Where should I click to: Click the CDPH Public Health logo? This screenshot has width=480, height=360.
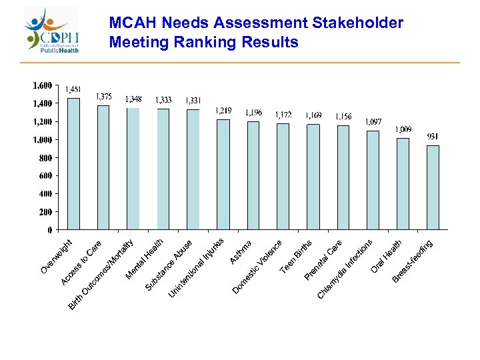(x=52, y=30)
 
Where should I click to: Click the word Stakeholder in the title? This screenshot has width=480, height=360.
(x=356, y=23)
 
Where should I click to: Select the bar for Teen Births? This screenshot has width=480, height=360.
(x=313, y=177)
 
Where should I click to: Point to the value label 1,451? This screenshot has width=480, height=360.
(x=73, y=90)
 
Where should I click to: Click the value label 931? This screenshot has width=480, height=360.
(x=433, y=137)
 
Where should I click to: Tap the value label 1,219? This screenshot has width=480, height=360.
(x=223, y=111)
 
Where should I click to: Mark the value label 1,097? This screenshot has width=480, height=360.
(x=373, y=122)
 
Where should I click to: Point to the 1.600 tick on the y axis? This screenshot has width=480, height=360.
(x=42, y=85)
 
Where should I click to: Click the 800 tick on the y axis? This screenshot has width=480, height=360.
(x=45, y=158)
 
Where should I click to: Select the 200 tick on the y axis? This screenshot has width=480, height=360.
(x=45, y=212)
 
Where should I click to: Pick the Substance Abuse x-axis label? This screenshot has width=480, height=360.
(x=170, y=265)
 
